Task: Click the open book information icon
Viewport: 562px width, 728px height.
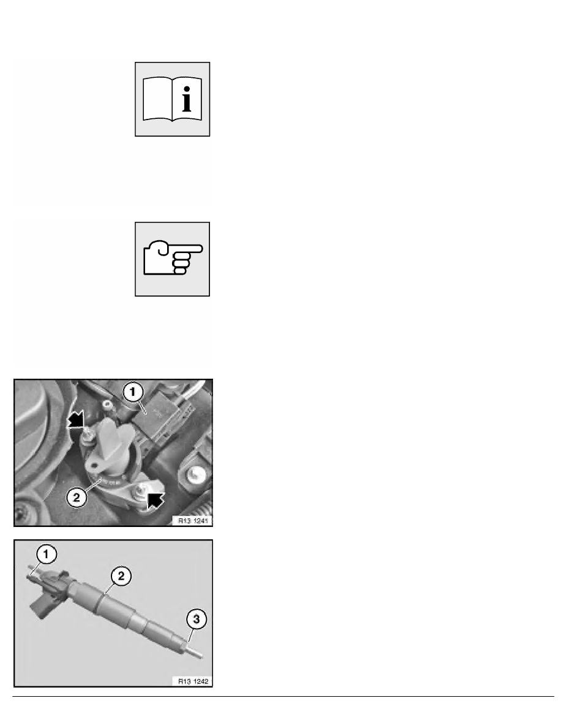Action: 173,99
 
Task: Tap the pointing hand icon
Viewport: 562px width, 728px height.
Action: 173,259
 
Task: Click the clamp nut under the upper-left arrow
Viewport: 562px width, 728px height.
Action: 88,434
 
